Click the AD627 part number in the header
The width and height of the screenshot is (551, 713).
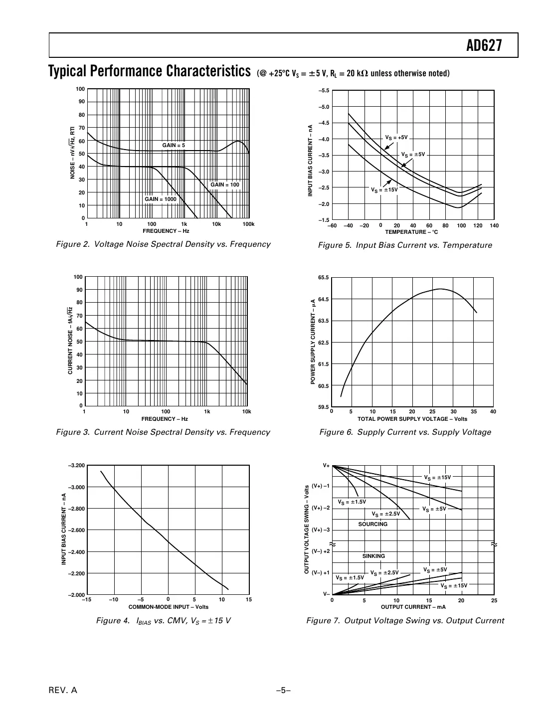pyautogui.click(x=484, y=46)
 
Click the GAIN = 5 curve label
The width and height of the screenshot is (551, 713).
pyautogui.click(x=174, y=145)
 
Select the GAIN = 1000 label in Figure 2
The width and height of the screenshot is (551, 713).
pyautogui.click(x=161, y=199)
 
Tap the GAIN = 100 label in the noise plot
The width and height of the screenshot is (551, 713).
pyautogui.click(x=225, y=184)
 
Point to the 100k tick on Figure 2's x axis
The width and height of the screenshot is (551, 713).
pyautogui.click(x=248, y=224)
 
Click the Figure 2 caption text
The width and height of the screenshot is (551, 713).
pyautogui.click(x=163, y=244)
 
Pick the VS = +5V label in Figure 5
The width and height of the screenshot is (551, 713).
pyautogui.click(x=396, y=137)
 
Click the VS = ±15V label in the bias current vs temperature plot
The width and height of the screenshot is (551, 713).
pyautogui.click(x=384, y=189)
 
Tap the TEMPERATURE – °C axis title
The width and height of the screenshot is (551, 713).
pyautogui.click(x=411, y=232)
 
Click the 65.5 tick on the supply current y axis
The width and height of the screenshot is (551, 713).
pyautogui.click(x=323, y=277)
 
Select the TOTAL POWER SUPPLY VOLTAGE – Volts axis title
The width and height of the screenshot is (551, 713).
pyautogui.click(x=412, y=419)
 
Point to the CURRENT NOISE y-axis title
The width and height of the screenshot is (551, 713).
pyautogui.click(x=70, y=342)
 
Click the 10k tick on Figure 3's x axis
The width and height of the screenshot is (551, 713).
pyautogui.click(x=246, y=412)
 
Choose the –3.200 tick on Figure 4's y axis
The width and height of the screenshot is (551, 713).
pyautogui.click(x=76, y=465)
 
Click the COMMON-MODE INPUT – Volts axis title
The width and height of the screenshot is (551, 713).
pyautogui.click(x=168, y=607)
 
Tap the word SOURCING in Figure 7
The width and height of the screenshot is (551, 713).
pyautogui.click(x=372, y=524)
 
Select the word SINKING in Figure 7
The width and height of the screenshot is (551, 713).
pyautogui.click(x=373, y=556)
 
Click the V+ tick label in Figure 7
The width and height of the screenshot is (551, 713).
pyautogui.click(x=326, y=466)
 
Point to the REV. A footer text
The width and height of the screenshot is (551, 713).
pyautogui.click(x=63, y=691)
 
